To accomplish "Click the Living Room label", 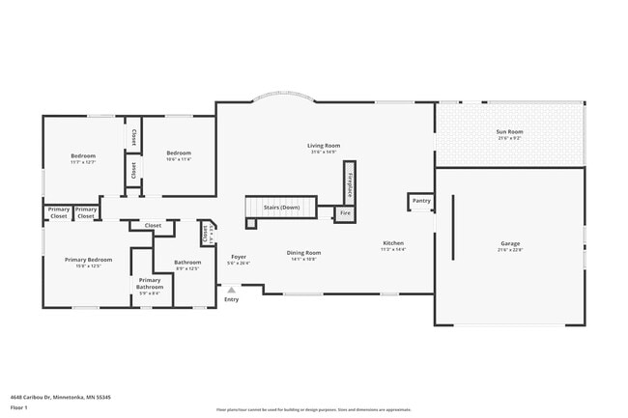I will pyautogui.click(x=325, y=146).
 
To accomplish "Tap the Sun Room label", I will pyautogui.click(x=509, y=132).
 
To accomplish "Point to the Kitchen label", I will pyautogui.click(x=393, y=243).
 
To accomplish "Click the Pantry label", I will pyautogui.click(x=420, y=201).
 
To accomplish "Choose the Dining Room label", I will pyautogui.click(x=302, y=253).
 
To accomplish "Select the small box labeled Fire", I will pyautogui.click(x=345, y=213).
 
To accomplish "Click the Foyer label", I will pyautogui.click(x=238, y=257).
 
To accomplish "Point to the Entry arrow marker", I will pyautogui.click(x=231, y=289).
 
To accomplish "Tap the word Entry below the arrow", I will pyautogui.click(x=231, y=299).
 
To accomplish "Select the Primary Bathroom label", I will pyautogui.click(x=150, y=282).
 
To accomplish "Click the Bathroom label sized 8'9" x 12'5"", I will pyautogui.click(x=187, y=262).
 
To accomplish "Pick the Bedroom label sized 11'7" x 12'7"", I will pyautogui.click(x=83, y=155).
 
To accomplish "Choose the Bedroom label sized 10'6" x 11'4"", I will pyautogui.click(x=179, y=153).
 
